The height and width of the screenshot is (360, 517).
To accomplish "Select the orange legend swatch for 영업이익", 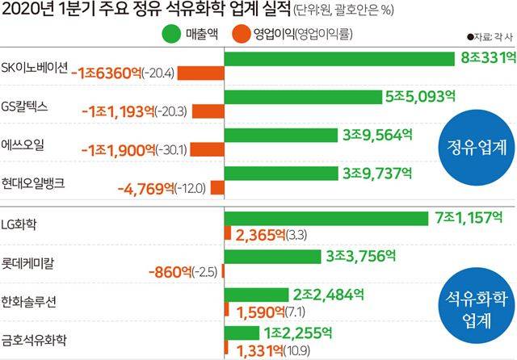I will (x=239, y=34).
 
